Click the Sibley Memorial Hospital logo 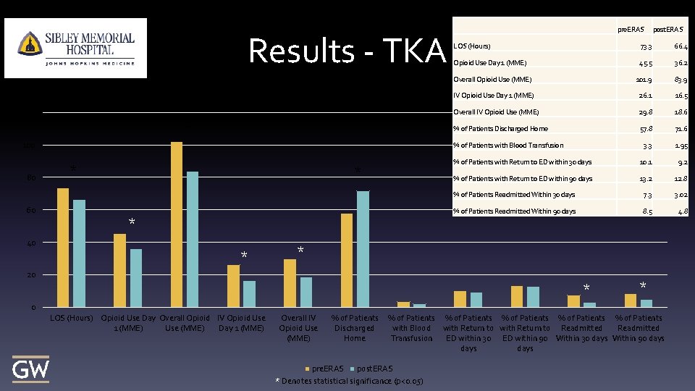pos(75,48)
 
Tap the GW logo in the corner pos(30,369)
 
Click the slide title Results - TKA pos(346,51)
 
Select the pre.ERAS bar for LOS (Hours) pos(63,248)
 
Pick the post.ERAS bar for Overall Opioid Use pos(193,239)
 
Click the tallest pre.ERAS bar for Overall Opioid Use pos(177,224)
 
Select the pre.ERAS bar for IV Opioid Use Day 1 pos(233,286)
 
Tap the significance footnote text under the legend pos(350,382)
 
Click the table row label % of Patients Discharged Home pos(500,129)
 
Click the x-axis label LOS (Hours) pos(71,318)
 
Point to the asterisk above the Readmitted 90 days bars pos(642,285)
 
